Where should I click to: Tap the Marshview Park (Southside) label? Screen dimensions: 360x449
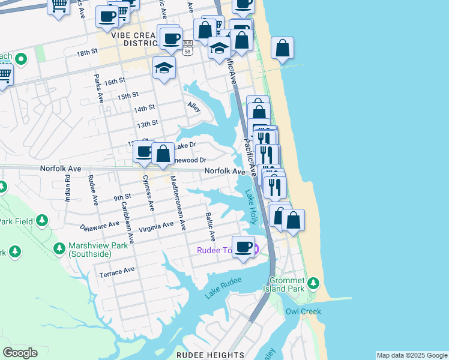(90, 250)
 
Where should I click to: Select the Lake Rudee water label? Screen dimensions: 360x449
(223, 287)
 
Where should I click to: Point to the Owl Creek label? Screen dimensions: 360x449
(303, 311)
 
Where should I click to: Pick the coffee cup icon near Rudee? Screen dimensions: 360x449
(243, 247)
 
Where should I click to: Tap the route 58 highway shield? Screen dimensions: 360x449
(188, 53)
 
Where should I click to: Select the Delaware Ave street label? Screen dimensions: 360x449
(100, 226)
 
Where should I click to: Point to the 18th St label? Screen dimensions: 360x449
(87, 53)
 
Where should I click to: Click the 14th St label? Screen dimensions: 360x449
(144, 109)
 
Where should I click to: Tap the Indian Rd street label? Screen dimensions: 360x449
(68, 187)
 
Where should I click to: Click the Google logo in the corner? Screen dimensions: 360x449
(20, 353)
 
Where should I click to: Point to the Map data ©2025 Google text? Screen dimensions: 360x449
(412, 355)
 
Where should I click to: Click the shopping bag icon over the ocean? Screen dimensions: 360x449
(282, 48)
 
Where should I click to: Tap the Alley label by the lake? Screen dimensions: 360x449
(193, 107)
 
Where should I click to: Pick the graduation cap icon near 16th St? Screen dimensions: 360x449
(163, 68)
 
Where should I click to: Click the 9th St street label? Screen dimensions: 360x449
(122, 197)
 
